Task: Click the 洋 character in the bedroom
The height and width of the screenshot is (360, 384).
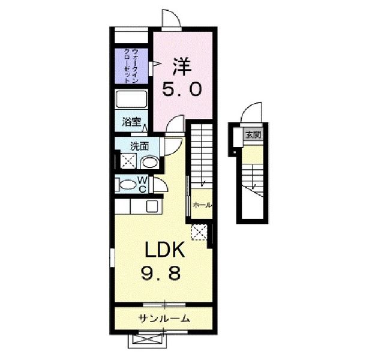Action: click(x=182, y=67)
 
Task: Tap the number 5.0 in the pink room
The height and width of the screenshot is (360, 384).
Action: click(x=182, y=89)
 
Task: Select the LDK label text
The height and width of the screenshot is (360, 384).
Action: click(x=164, y=250)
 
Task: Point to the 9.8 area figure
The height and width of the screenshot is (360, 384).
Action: click(x=161, y=273)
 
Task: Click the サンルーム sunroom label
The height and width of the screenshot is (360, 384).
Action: click(x=164, y=319)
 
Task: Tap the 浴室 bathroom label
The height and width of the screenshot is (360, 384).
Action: click(x=131, y=122)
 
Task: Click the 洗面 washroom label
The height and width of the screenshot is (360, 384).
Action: click(x=139, y=146)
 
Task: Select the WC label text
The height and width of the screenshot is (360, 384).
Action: click(x=143, y=185)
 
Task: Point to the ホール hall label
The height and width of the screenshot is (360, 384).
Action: click(x=202, y=205)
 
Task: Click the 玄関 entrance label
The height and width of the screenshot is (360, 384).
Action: click(x=253, y=134)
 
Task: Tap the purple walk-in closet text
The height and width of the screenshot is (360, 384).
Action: click(x=131, y=66)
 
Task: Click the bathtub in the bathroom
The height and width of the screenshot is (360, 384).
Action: click(x=131, y=99)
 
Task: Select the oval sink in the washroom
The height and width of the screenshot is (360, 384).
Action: click(x=149, y=163)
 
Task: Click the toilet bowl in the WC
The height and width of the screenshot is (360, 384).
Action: click(x=128, y=185)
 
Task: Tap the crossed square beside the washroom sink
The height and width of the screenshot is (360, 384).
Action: click(x=128, y=161)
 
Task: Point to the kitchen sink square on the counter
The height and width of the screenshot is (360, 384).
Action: click(x=152, y=206)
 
